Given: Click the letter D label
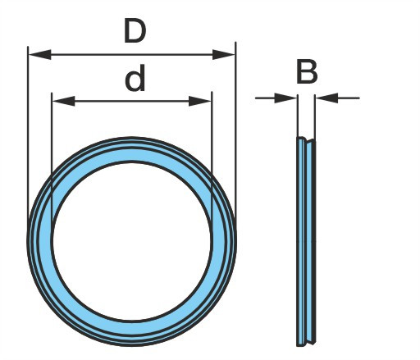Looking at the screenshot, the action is tap(135, 30).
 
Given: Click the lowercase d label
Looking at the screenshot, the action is tap(135, 79).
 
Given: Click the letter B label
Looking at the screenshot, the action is tap(307, 71).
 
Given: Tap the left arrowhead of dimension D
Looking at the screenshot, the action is tap(40, 54).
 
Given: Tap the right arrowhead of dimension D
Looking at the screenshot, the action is tap(224, 54).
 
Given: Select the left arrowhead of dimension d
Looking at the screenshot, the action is tap(63, 101).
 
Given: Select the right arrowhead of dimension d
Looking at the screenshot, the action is tap(200, 101).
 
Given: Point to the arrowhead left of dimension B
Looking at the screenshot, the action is tap(285, 98).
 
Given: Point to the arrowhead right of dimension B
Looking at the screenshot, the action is tap(326, 98).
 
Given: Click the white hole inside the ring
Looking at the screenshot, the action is tap(132, 241).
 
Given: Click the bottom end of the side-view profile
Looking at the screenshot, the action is tap(306, 344).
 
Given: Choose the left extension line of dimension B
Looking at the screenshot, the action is tap(297, 116).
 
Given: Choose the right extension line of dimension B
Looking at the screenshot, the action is tap(315, 117).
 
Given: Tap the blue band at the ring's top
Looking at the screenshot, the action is tap(132, 150).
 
